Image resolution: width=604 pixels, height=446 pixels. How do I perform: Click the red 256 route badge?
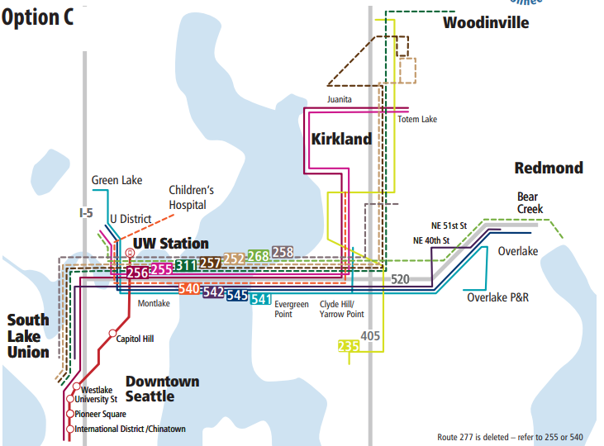(x=138, y=273)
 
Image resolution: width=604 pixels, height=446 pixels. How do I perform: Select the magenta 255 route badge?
(x=162, y=268)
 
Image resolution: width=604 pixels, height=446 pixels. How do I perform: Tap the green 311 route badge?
(x=186, y=265)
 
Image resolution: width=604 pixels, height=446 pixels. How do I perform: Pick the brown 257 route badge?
(x=210, y=262)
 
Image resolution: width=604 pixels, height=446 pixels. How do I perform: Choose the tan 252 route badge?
(x=234, y=259)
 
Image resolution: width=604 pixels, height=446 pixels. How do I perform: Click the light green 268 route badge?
(x=258, y=255)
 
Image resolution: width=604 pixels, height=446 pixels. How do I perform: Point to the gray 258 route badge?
(x=283, y=252)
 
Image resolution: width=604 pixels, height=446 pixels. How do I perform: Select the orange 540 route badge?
(x=189, y=288)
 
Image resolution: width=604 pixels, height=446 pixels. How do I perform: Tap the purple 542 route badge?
(x=213, y=292)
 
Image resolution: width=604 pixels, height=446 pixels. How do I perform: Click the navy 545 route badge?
(x=237, y=295)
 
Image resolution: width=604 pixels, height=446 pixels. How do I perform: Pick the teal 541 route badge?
(x=261, y=298)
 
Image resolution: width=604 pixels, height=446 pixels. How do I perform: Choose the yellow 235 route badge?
(x=349, y=347)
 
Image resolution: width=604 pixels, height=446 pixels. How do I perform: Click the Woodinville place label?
(x=486, y=22)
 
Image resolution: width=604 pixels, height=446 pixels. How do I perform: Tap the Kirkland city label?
(x=341, y=139)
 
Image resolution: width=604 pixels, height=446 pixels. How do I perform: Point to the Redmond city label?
(x=549, y=168)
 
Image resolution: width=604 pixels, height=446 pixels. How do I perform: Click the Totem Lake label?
(x=417, y=120)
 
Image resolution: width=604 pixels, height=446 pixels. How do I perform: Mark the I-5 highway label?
(x=86, y=213)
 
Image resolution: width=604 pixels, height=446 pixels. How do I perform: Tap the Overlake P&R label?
(x=497, y=297)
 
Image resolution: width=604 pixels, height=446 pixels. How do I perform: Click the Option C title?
(x=37, y=18)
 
